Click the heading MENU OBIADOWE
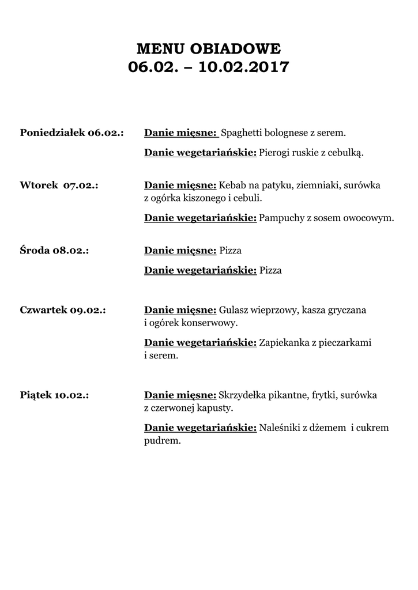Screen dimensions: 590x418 (209, 47)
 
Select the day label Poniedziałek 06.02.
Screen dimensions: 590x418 (72, 133)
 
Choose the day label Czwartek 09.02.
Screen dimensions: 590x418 (63, 310)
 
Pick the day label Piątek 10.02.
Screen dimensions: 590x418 (54, 395)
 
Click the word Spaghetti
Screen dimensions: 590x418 (242, 133)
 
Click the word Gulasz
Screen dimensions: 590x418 (232, 310)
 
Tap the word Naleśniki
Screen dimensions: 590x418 (279, 428)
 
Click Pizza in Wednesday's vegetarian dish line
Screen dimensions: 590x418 (270, 270)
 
